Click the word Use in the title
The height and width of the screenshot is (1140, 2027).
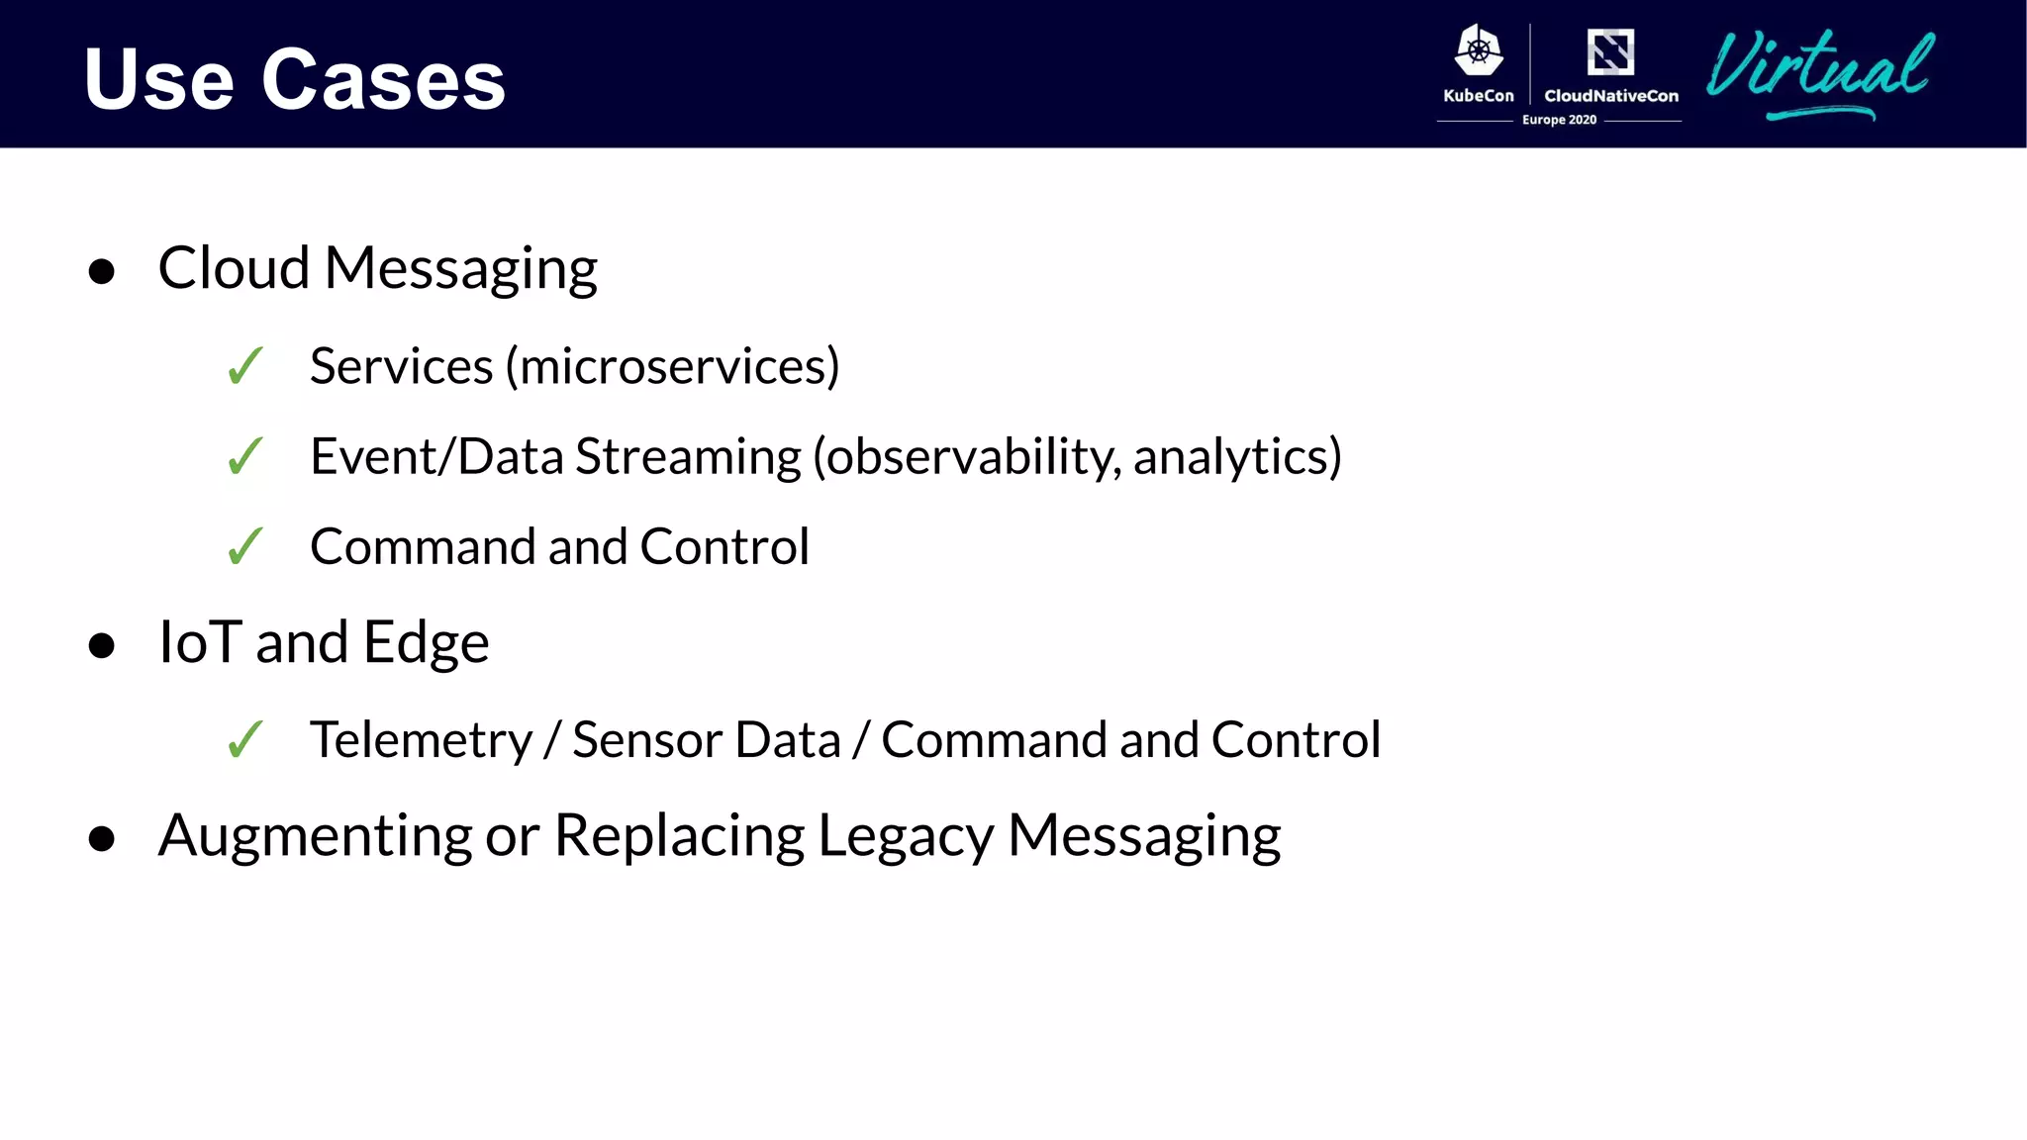point(158,79)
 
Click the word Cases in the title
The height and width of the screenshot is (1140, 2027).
point(383,79)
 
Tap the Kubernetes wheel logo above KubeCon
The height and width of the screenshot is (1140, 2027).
point(1479,50)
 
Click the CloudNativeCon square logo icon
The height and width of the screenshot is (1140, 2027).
point(1610,51)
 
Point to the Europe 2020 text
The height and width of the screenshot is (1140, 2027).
point(1559,120)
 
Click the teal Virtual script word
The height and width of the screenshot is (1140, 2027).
point(1819,69)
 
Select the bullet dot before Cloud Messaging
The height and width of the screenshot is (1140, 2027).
point(101,271)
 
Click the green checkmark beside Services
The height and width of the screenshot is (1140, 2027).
point(244,366)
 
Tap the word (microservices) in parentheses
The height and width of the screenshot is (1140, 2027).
point(673,366)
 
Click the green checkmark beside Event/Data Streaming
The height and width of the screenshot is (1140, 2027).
point(244,456)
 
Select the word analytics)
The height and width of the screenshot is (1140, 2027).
point(1237,456)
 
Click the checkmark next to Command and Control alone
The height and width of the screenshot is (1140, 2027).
point(244,546)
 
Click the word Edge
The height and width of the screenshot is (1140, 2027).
point(426,643)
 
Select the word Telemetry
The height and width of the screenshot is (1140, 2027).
point(421,740)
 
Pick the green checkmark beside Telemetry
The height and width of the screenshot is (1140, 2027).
point(244,739)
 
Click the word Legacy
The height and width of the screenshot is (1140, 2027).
point(905,836)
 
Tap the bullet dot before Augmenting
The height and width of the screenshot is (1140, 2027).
point(101,839)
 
